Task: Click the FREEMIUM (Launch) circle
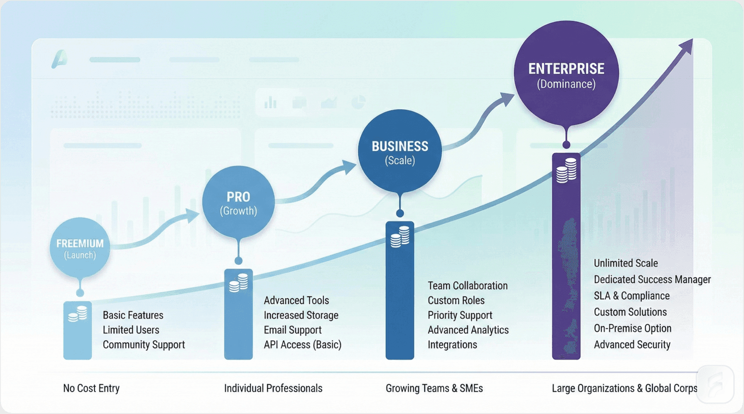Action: tap(80, 248)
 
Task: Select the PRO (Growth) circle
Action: tap(238, 203)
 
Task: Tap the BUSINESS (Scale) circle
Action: tap(400, 152)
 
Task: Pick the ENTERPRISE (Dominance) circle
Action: tap(566, 74)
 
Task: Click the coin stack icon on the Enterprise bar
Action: tap(566, 170)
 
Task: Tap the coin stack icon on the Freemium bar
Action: tap(77, 314)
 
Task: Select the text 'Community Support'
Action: tap(144, 345)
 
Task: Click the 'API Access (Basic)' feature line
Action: tap(303, 345)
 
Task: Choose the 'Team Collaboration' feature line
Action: tap(467, 286)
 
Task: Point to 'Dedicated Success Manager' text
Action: tap(652, 280)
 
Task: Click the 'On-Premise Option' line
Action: tap(632, 328)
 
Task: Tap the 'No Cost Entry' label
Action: tap(91, 388)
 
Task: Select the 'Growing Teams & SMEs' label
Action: tap(434, 388)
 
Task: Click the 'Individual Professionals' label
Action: tap(273, 388)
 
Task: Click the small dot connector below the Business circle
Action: tap(400, 214)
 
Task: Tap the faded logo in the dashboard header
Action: tap(60, 59)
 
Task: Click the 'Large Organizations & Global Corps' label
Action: tap(624, 388)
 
